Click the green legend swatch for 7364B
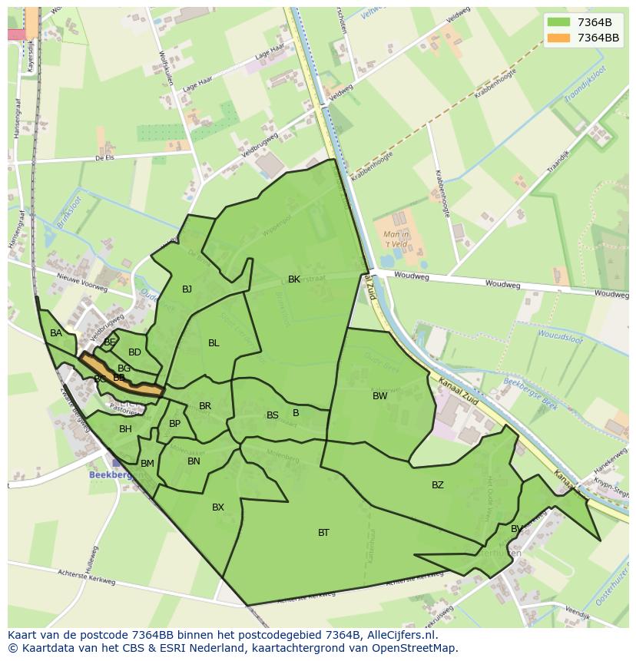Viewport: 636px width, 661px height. point(558,22)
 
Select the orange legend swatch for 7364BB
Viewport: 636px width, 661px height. point(558,38)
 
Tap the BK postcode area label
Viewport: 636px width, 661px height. point(294,279)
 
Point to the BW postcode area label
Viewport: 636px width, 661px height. point(379,396)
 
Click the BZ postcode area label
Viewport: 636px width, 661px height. point(437,484)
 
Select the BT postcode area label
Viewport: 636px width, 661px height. point(323,532)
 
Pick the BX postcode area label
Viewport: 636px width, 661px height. point(218,507)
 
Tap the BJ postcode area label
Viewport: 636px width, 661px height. point(187,289)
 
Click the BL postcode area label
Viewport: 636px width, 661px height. point(214,342)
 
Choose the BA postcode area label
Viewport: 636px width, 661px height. point(56,333)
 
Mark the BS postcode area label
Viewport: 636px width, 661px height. point(272,415)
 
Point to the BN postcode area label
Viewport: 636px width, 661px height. point(194,461)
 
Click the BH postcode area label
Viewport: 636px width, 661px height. point(125,428)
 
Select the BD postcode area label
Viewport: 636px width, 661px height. point(134,352)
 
